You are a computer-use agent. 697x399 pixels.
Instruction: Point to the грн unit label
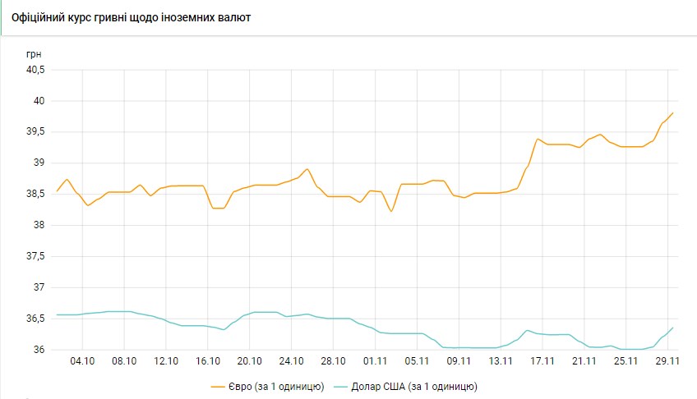[34, 53]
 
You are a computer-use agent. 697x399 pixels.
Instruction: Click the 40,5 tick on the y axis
[36, 70]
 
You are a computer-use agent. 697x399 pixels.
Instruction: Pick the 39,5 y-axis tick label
[36, 132]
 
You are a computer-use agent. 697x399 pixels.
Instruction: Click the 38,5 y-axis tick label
[36, 195]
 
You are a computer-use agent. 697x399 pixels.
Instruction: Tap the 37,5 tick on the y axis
[36, 256]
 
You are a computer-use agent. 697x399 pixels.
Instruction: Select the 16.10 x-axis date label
[208, 360]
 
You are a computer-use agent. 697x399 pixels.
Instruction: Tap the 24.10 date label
[292, 360]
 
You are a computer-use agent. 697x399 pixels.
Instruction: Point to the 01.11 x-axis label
[376, 360]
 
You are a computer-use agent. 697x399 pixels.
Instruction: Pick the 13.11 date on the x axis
[501, 360]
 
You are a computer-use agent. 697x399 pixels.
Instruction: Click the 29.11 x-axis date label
[667, 360]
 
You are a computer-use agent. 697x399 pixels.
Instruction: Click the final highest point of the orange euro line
[672, 113]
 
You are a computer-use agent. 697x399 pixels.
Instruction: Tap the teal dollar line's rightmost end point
[672, 328]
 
